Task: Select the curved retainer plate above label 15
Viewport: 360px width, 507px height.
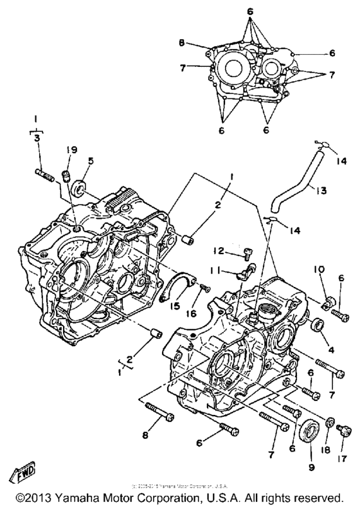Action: [179, 285]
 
